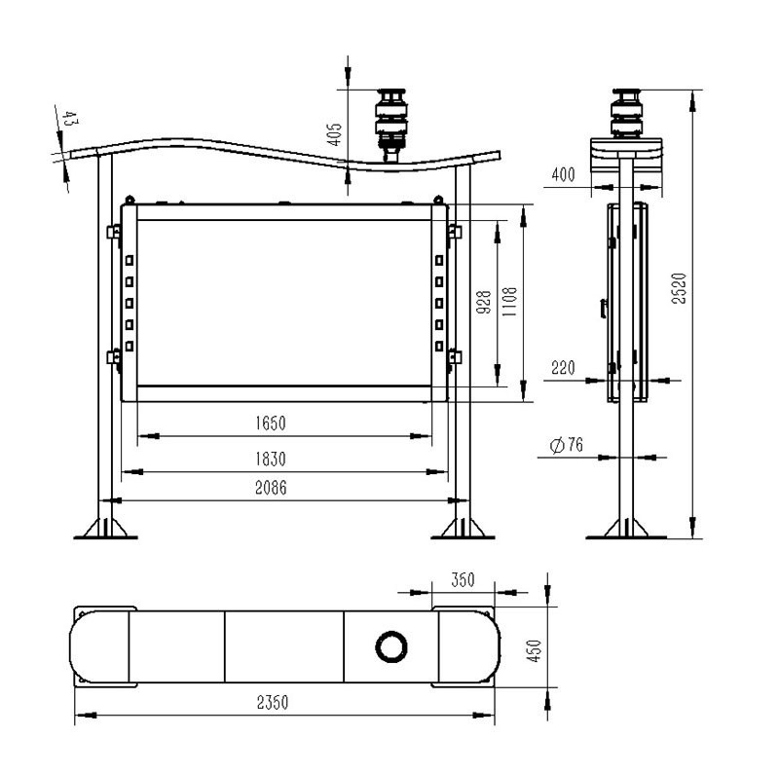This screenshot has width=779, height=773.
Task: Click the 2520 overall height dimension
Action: click(681, 288)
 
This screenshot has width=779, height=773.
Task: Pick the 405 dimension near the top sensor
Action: click(334, 134)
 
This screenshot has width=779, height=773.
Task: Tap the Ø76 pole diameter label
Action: click(566, 445)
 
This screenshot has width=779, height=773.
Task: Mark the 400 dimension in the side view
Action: click(562, 175)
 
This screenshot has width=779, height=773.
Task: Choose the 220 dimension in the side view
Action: click(562, 368)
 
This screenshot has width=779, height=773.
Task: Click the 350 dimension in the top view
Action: click(463, 580)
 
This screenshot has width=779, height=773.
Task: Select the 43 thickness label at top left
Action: click(69, 120)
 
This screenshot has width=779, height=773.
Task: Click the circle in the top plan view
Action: click(392, 645)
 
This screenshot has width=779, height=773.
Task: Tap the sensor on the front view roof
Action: click(393, 121)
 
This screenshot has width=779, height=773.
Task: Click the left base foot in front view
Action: click(108, 527)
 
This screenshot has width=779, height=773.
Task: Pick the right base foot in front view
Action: click(462, 527)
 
